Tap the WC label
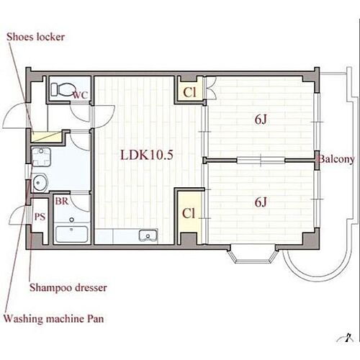click(81, 95)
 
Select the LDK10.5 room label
click(147, 155)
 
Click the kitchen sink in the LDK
click(148, 235)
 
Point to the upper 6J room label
click(261, 120)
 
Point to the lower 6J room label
click(261, 202)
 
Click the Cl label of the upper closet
click(189, 92)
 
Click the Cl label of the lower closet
click(189, 213)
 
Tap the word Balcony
click(337, 159)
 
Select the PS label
click(40, 217)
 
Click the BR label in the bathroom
click(62, 201)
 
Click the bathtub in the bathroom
click(71, 234)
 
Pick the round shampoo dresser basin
click(40, 183)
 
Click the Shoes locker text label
click(35, 37)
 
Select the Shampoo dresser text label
click(68, 287)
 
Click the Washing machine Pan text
click(54, 319)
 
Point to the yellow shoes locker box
click(47, 137)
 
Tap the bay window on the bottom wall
click(252, 254)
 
